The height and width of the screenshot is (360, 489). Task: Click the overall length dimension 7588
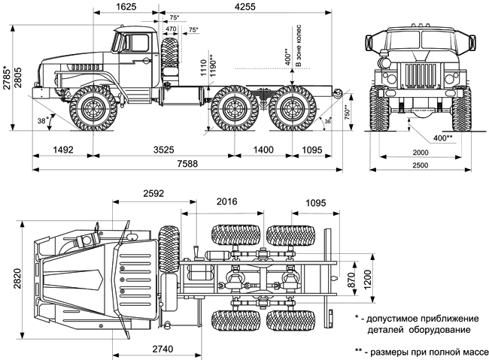coord(178,165)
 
